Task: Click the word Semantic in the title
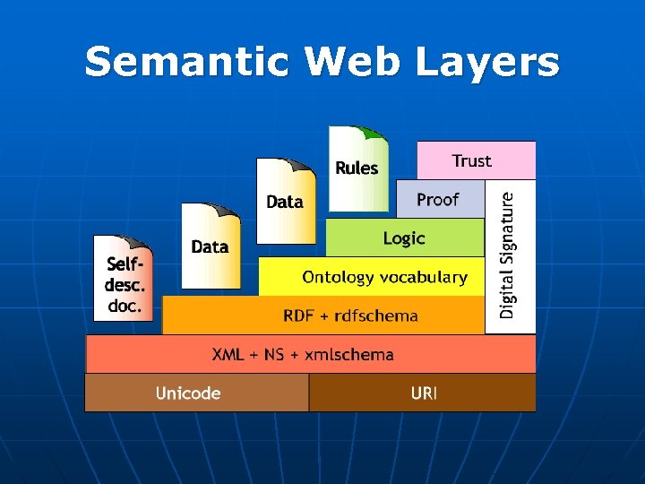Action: click(187, 63)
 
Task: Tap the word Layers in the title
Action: click(489, 63)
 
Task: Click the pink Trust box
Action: click(476, 160)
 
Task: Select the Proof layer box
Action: click(438, 199)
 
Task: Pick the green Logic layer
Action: click(404, 238)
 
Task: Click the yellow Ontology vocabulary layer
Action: click(385, 277)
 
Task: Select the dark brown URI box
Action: click(422, 393)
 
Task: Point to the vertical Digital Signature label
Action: click(509, 256)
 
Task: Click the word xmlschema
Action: click(349, 354)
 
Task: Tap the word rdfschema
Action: click(377, 315)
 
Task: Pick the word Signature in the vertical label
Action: click(509, 230)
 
